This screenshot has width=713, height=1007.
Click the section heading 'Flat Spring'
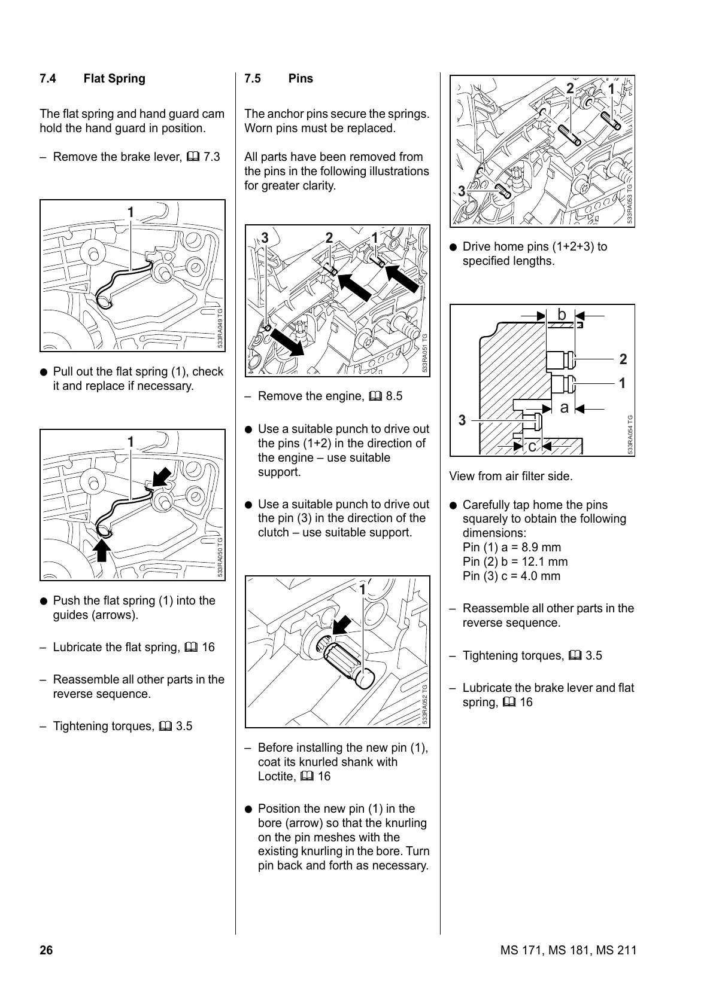point(114,78)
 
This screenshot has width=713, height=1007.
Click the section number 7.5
point(253,78)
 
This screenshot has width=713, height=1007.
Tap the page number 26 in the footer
point(46,950)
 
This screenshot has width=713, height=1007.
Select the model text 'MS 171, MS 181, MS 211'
point(568,950)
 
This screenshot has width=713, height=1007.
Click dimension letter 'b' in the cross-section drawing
point(562,315)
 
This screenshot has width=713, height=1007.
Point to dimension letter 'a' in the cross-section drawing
point(563,408)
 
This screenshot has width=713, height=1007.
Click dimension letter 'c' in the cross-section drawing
point(532,446)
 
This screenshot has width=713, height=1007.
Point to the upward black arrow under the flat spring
point(102,550)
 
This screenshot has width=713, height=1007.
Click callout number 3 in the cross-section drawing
point(462,420)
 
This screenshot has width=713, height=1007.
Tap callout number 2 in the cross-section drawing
point(623,359)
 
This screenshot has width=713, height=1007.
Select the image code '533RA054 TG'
point(630,435)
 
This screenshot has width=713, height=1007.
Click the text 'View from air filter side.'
point(511,477)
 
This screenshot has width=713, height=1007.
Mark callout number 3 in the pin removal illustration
point(265,238)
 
